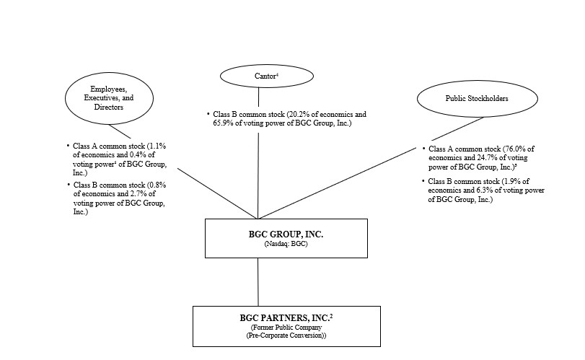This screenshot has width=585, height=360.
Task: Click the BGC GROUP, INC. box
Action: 258,237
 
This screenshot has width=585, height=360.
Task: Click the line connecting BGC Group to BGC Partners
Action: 258,281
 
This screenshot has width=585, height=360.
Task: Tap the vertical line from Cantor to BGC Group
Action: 258,173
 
